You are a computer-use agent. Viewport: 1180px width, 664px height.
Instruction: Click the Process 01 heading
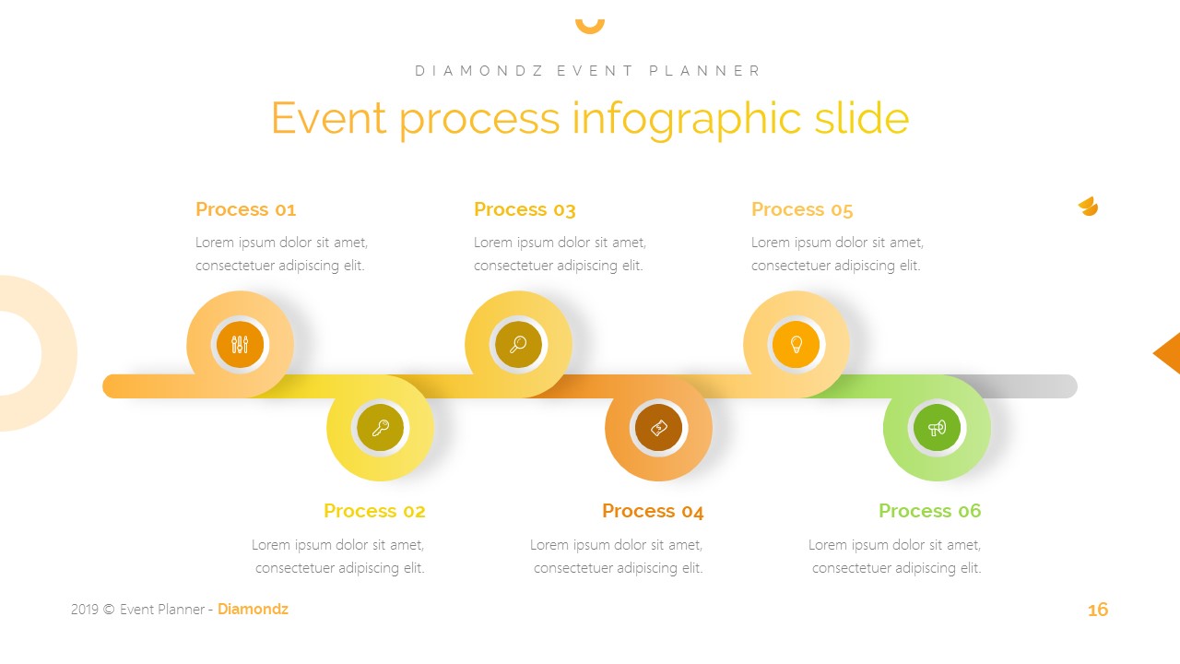coord(245,209)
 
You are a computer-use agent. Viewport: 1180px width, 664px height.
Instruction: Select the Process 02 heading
coord(374,511)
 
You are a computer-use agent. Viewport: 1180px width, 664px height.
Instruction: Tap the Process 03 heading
coord(525,209)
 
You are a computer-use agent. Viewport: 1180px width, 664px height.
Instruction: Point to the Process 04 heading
coord(653,511)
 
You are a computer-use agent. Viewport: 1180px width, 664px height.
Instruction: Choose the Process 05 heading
coord(802,209)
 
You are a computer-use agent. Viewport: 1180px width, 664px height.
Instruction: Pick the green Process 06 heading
coord(929,511)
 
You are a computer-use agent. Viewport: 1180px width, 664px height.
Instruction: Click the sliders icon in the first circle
coord(241,345)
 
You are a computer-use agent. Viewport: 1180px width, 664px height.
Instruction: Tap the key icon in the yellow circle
coord(381,428)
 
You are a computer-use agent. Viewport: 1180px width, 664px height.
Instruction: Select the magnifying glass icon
coord(518,345)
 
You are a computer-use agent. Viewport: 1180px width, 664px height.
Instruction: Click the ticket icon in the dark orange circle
coord(658,428)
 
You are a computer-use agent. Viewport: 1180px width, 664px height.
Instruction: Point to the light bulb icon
coord(796,345)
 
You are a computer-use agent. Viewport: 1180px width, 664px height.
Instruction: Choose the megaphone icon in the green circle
coord(937,428)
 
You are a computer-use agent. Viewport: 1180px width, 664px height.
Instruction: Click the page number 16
coord(1097,610)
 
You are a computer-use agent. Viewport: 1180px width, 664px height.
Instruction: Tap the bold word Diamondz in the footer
coord(253,609)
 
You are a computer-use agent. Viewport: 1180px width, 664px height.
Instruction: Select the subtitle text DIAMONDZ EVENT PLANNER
coord(589,71)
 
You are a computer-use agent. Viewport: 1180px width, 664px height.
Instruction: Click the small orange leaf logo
coord(1088,207)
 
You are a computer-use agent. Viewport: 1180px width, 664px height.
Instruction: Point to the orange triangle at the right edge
coord(1169,353)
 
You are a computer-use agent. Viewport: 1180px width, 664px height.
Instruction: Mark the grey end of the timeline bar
coord(1042,386)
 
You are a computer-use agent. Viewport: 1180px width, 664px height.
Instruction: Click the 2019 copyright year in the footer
coord(83,610)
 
